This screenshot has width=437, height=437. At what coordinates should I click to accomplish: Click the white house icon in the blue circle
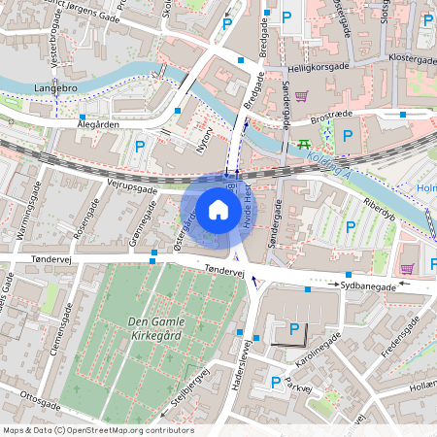218,210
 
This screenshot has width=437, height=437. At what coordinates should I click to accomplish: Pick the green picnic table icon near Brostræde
304,144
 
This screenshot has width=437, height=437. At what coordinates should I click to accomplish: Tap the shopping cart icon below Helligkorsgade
302,96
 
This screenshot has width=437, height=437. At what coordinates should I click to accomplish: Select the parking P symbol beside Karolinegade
293,329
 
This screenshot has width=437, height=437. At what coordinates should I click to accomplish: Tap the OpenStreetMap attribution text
98,430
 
